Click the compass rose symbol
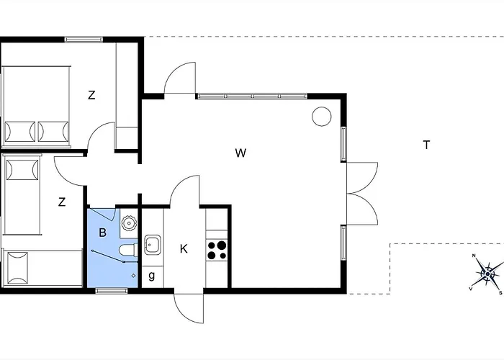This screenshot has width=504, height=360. click(487, 274)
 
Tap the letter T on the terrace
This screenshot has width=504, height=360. click(426, 145)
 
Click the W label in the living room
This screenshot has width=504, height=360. click(240, 153)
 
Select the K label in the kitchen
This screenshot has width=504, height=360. click(184, 248)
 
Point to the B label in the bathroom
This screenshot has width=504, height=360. click(102, 232)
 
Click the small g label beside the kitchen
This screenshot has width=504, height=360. click(152, 276)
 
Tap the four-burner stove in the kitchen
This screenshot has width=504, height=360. click(217, 250)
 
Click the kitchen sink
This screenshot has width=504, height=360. click(153, 245)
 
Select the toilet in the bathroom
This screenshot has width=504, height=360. click(128, 250)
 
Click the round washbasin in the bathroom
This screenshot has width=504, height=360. click(129, 222)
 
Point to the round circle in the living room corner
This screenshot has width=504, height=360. click(321, 117)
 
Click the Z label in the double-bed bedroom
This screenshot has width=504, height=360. click(91, 95)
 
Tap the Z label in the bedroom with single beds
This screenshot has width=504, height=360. click(62, 202)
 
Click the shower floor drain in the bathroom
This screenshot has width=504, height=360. click(134, 276)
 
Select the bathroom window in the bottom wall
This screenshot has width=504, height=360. click(112, 291)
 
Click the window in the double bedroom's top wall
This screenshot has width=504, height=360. click(84, 40)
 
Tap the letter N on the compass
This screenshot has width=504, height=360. click(474, 256)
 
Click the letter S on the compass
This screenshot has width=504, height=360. click(500, 293)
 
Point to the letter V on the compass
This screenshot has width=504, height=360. click(471, 289)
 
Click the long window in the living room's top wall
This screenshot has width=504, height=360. click(252, 96)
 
